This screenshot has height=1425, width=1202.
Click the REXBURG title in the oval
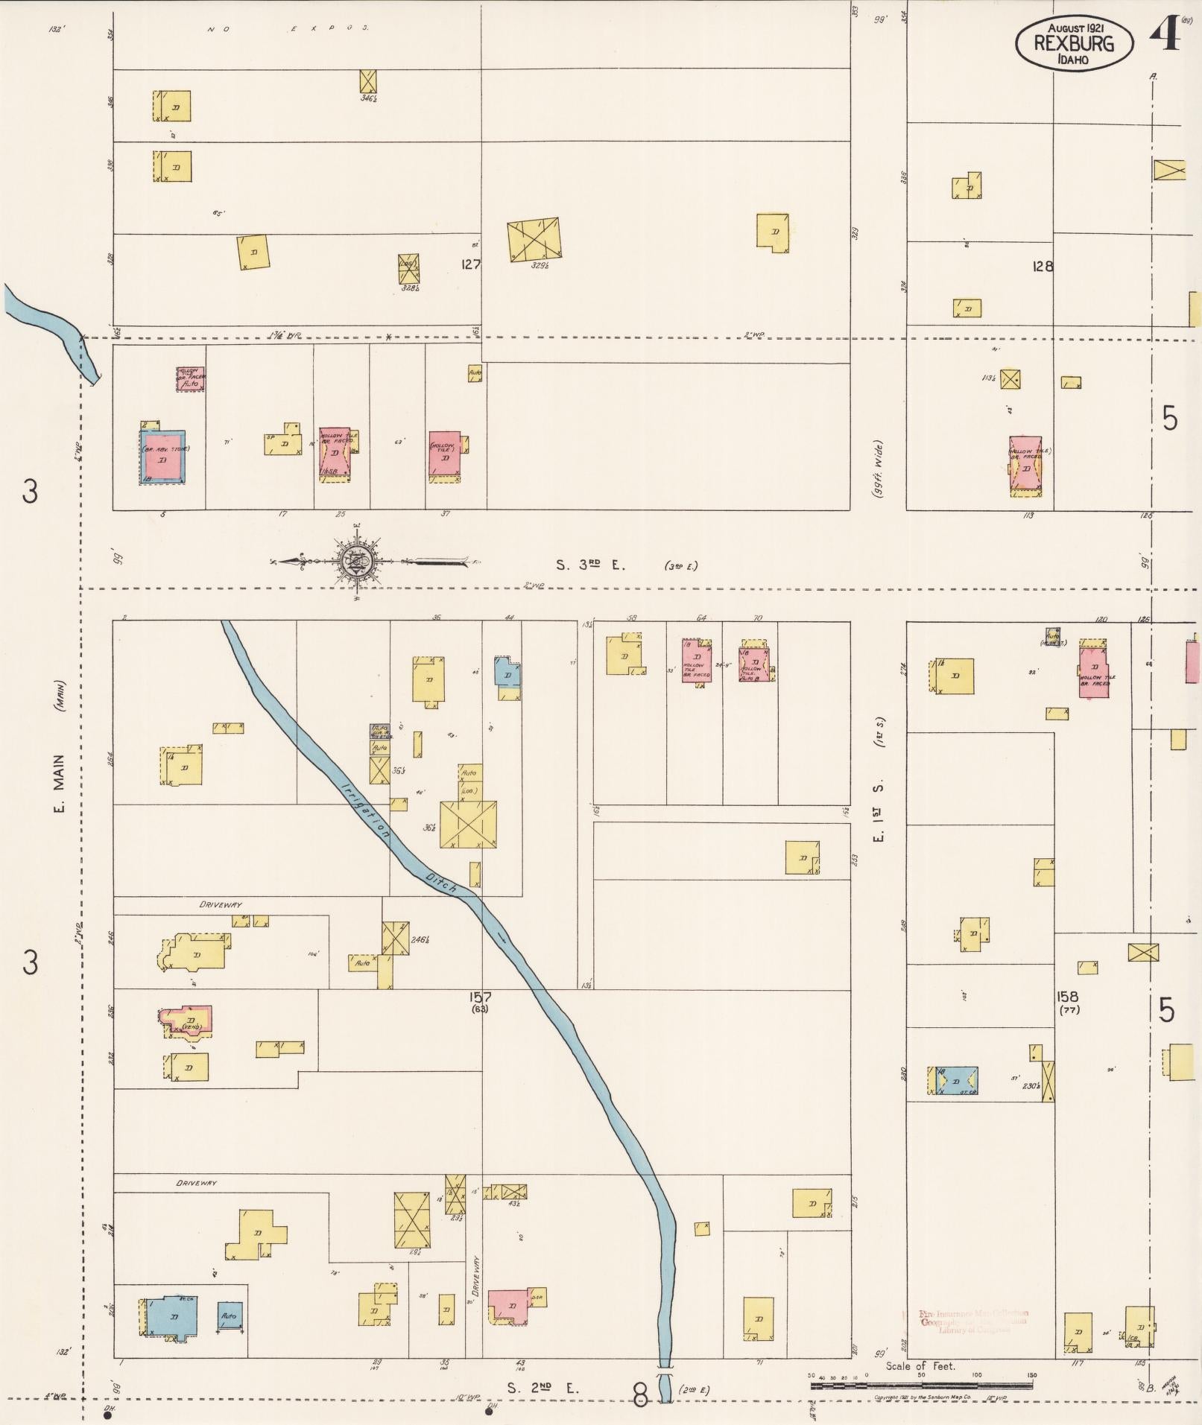click(1074, 43)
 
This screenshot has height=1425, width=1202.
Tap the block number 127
click(470, 264)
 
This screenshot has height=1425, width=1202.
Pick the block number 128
click(1043, 266)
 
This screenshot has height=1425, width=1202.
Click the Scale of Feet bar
click(921, 1385)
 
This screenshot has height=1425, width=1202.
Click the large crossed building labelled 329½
click(534, 238)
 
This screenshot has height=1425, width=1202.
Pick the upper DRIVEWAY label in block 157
click(221, 904)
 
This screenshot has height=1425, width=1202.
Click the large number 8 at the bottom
click(641, 1394)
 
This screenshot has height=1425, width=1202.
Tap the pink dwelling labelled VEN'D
click(189, 1021)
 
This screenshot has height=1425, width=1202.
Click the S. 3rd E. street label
click(590, 565)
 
